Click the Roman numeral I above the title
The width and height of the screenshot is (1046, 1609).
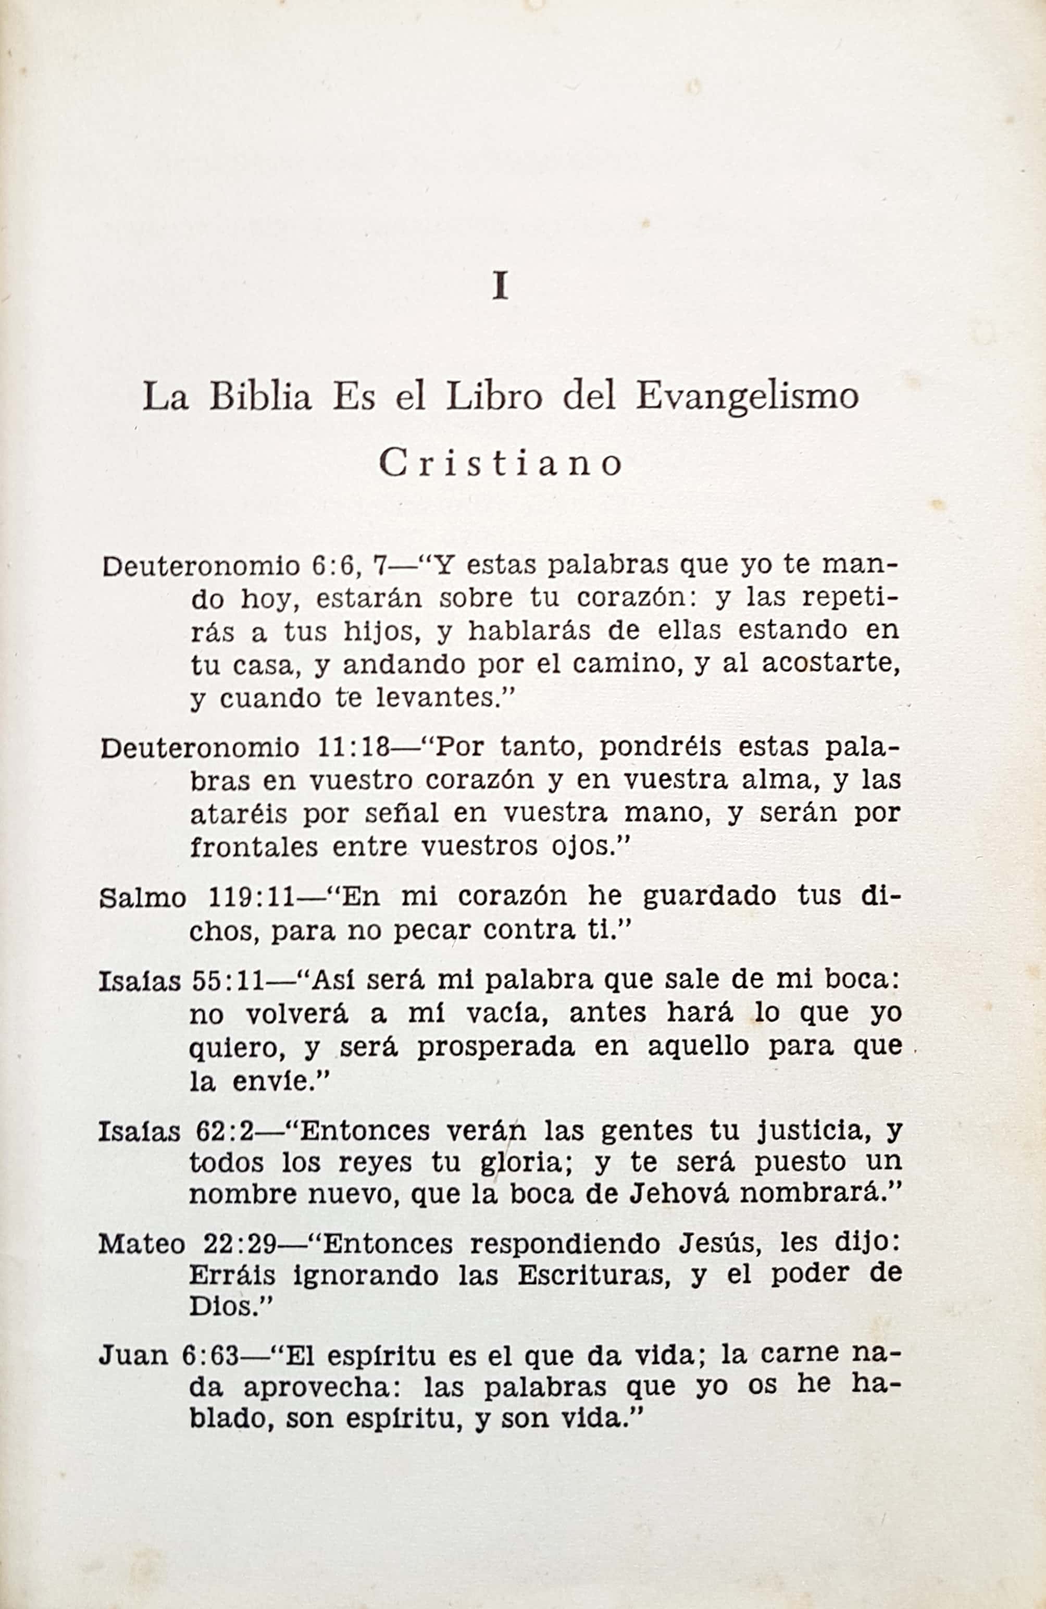pyautogui.click(x=500, y=286)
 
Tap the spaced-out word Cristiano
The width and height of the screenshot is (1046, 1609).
pyautogui.click(x=500, y=464)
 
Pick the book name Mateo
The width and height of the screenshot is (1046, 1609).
pyautogui.click(x=141, y=1243)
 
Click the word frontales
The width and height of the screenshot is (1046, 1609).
pyautogui.click(x=253, y=846)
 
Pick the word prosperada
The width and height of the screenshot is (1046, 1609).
pyautogui.click(x=496, y=1046)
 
